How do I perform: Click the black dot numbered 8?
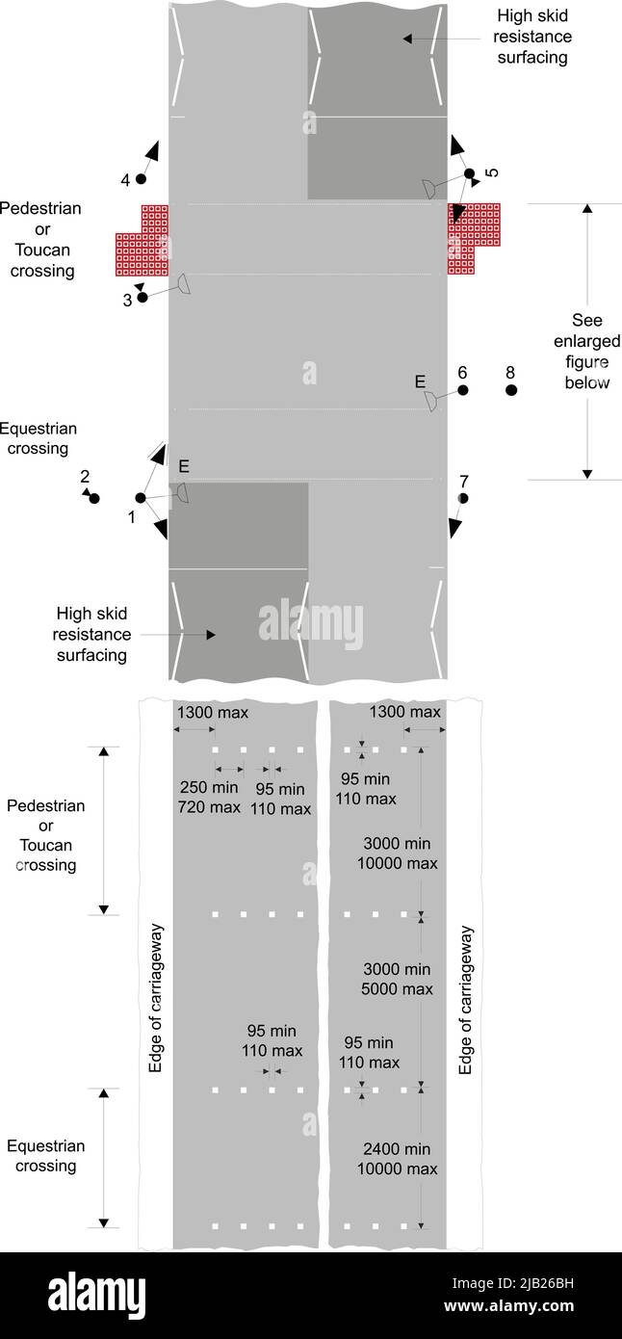pyautogui.click(x=511, y=390)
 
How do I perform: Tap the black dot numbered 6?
pyautogui.click(x=463, y=390)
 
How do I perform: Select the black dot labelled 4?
pyautogui.click(x=141, y=179)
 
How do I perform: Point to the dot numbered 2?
pyautogui.click(x=94, y=499)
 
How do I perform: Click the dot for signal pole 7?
pyautogui.click(x=463, y=499)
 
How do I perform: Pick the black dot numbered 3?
pyautogui.click(x=143, y=297)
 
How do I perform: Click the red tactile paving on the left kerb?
pyautogui.click(x=143, y=241)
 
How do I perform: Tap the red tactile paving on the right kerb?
pyautogui.click(x=474, y=239)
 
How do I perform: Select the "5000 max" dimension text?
pyautogui.click(x=397, y=989)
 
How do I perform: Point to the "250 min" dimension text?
pyautogui.click(x=209, y=787)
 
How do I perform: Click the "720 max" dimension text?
pyautogui.click(x=209, y=807)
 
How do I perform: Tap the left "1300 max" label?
pyautogui.click(x=213, y=713)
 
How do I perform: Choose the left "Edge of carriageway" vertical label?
pyautogui.click(x=155, y=999)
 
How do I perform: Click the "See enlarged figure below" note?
pyautogui.click(x=586, y=352)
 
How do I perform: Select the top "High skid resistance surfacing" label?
pyautogui.click(x=532, y=37)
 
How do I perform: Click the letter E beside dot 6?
pyautogui.click(x=420, y=381)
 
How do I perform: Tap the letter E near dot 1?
pyautogui.click(x=184, y=466)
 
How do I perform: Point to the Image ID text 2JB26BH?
pyautogui.click(x=512, y=1283)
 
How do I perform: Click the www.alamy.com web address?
pyautogui.click(x=508, y=1306)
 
